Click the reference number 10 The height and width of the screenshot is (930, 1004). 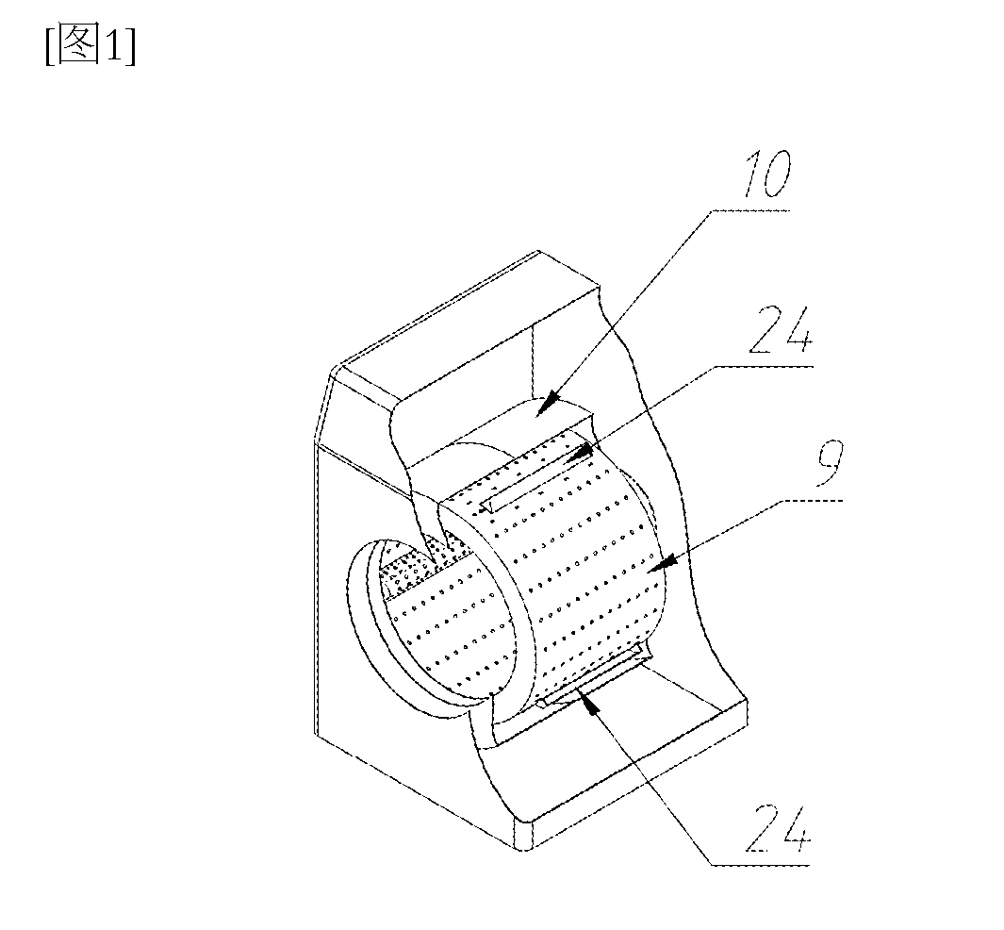765,174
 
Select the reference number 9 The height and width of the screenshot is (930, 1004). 830,462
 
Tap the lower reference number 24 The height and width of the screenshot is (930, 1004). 778,828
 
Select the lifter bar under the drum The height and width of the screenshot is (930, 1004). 589,679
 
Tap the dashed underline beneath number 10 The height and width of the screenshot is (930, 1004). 750,210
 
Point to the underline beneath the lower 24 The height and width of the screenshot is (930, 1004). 761,865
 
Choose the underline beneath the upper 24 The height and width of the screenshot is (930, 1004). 764,366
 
